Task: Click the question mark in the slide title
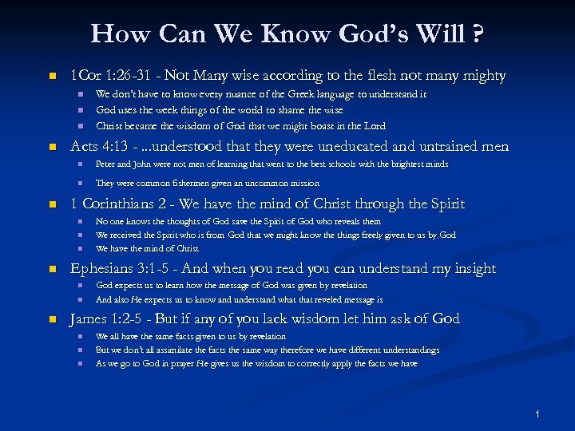(x=478, y=34)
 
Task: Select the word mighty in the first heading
(x=482, y=77)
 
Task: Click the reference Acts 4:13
(x=98, y=146)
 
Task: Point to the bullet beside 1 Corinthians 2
(x=51, y=204)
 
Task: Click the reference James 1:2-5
(x=105, y=318)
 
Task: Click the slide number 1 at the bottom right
(x=538, y=413)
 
